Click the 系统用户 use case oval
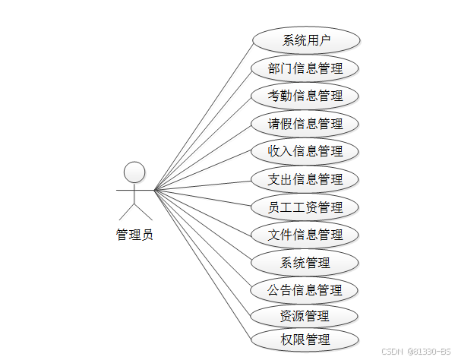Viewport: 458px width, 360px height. [x=305, y=40]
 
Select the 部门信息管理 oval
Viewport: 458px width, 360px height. [x=305, y=68]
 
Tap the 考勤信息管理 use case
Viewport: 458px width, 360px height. [x=305, y=96]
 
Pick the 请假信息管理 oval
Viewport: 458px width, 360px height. [x=305, y=124]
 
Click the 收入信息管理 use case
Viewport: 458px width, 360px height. [x=305, y=151]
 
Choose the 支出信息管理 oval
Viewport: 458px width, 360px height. [x=305, y=179]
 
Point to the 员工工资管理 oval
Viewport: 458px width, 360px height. [x=305, y=207]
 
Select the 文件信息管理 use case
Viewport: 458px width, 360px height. [x=305, y=235]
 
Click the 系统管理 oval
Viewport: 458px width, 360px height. [x=305, y=263]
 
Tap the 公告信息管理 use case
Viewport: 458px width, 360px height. [x=305, y=290]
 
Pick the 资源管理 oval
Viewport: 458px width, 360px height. [x=305, y=316]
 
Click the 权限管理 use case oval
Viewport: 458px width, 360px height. [x=305, y=339]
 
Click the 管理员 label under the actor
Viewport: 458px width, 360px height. [x=134, y=235]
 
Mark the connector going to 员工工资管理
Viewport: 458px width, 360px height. [x=202, y=198]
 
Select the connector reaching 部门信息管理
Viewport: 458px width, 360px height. [x=202, y=129]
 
